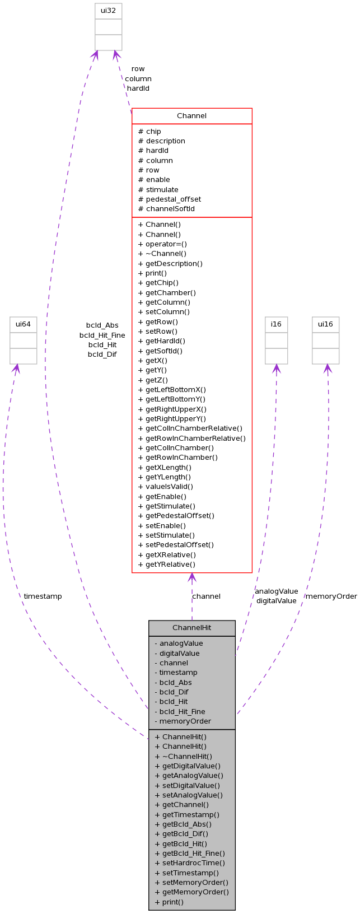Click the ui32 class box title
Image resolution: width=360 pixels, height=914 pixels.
[108, 11]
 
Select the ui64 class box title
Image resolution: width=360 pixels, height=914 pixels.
[23, 324]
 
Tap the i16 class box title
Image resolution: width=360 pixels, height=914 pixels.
[276, 324]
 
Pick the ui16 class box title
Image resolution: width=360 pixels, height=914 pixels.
[325, 324]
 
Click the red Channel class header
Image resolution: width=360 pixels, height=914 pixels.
[191, 116]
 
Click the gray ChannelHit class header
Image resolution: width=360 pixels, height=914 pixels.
[191, 628]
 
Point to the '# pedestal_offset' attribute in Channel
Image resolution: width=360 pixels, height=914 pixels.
[170, 199]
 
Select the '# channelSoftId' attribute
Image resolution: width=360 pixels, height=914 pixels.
[166, 209]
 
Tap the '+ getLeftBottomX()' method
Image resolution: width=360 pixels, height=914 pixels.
[172, 390]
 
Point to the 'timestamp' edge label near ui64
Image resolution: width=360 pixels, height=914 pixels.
[43, 596]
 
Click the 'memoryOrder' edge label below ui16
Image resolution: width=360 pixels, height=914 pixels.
[331, 596]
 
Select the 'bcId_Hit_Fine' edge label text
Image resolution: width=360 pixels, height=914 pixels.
[102, 335]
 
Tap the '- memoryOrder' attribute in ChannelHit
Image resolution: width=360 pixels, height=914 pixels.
[183, 721]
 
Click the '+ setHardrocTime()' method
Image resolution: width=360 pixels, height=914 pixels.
[190, 863]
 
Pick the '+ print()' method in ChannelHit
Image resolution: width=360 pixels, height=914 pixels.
[169, 902]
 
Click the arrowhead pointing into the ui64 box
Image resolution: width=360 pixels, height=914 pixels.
[16, 368]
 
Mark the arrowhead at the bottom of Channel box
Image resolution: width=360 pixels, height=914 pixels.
[192, 577]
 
